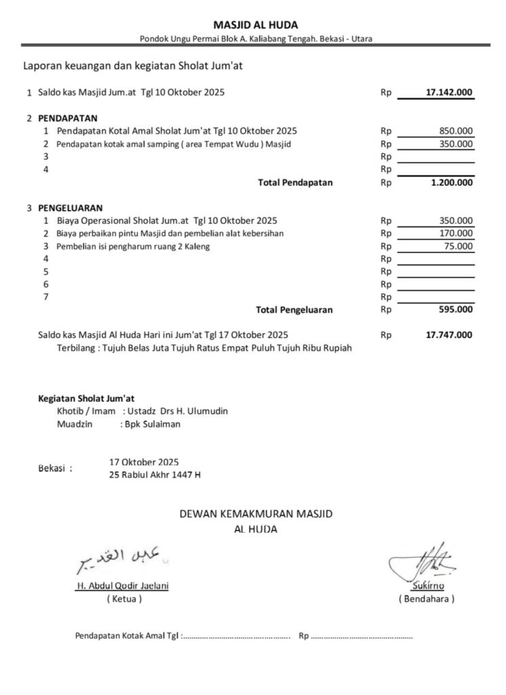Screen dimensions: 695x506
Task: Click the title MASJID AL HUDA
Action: tap(255, 25)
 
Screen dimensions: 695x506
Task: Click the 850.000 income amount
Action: tap(456, 130)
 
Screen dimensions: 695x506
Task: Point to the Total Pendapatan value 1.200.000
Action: tap(452, 183)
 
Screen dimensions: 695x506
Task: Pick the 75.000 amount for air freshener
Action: tap(459, 246)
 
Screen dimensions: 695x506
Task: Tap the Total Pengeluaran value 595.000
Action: tap(456, 309)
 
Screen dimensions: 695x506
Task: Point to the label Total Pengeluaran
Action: tap(294, 309)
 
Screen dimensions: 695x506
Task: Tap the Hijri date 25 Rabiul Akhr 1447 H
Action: tap(155, 475)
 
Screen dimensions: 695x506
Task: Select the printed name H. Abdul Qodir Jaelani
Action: tap(122, 586)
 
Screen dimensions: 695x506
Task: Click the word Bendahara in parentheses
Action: tap(427, 599)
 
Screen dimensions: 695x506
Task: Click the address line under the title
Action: tap(256, 39)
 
